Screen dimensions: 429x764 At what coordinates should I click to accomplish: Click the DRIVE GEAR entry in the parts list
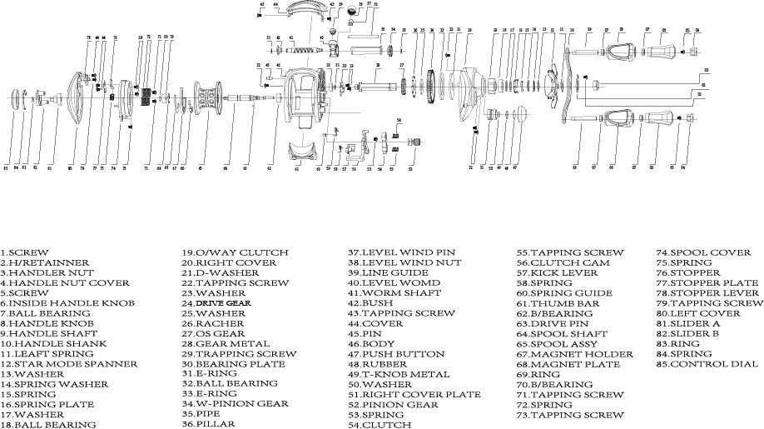[x=216, y=303]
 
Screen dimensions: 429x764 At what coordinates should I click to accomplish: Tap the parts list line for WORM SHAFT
[x=384, y=293]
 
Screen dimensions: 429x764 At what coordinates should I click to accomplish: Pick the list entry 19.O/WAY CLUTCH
[x=235, y=252]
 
